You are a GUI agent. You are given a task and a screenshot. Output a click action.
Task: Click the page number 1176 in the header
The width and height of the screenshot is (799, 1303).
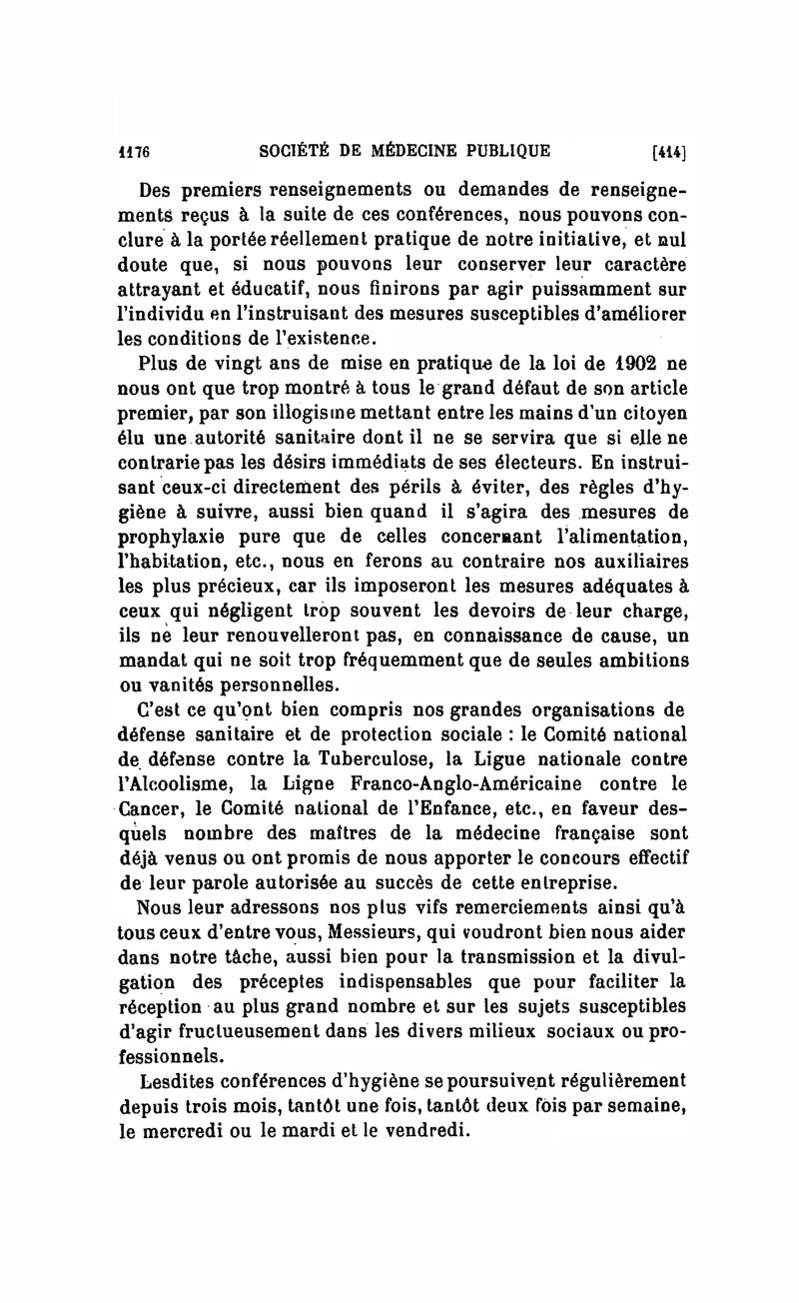[x=129, y=153]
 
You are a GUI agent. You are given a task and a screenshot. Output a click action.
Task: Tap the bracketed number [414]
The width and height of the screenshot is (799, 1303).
[x=671, y=153]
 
